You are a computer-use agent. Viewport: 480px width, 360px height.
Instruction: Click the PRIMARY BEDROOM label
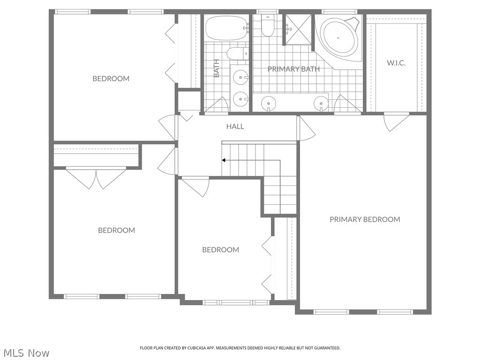(365, 219)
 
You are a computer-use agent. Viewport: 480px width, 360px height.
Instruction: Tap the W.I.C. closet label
(396, 63)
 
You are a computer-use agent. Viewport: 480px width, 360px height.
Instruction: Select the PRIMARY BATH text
(293, 69)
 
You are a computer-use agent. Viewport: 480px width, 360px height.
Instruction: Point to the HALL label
(235, 127)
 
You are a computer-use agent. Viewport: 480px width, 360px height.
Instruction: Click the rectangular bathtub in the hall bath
(226, 28)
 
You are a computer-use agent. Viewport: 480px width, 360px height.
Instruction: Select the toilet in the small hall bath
(237, 53)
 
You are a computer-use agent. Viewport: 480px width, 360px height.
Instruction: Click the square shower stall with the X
(298, 30)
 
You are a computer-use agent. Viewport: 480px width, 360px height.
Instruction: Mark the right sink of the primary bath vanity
(321, 103)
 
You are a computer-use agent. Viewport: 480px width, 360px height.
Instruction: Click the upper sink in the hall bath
(241, 76)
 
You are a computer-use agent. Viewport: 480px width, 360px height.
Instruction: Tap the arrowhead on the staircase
(224, 160)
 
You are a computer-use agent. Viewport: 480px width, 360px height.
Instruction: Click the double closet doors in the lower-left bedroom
(96, 178)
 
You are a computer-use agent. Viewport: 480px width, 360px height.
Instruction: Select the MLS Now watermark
(25, 352)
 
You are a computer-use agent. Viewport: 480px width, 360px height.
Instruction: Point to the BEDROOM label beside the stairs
(220, 250)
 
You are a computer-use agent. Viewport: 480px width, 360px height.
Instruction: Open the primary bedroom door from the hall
(306, 128)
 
